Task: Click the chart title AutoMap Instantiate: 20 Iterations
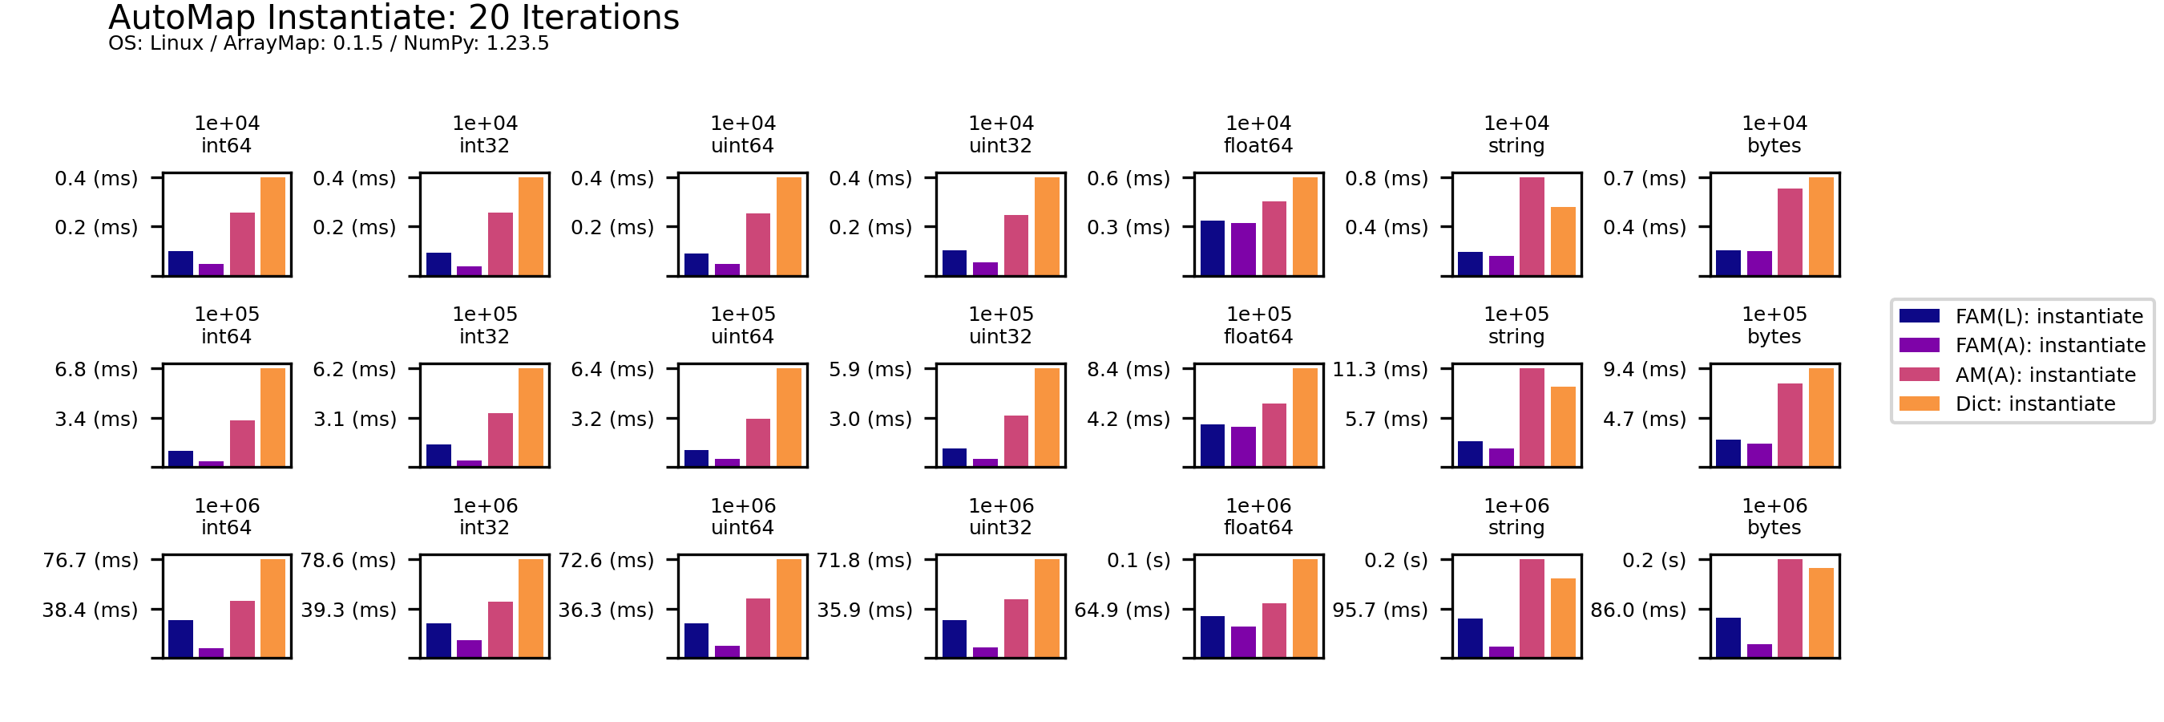[x=394, y=18]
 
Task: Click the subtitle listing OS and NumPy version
[x=329, y=43]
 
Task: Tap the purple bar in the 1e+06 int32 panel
[x=469, y=648]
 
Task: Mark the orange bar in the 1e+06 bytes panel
[x=1821, y=612]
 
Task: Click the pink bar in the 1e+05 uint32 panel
[x=1015, y=440]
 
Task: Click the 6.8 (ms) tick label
[x=95, y=369]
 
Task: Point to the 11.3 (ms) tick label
[x=1379, y=369]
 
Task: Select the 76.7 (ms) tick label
[x=90, y=560]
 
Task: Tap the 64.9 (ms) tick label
[x=1121, y=610]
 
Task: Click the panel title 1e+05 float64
[x=1258, y=325]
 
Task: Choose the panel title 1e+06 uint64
[x=743, y=516]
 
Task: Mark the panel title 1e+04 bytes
[x=1774, y=135]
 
